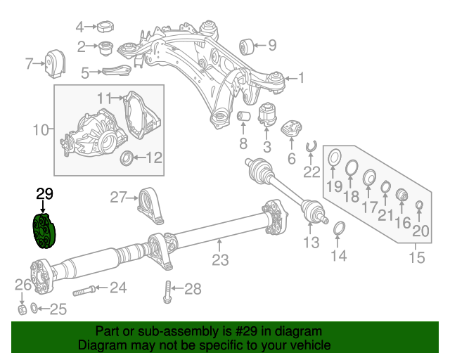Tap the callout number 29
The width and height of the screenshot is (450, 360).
coord(44,195)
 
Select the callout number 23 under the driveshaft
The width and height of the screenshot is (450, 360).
coord(220,260)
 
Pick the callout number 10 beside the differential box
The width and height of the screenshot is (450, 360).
coord(41,130)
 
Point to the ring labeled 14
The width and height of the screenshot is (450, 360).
coord(338,230)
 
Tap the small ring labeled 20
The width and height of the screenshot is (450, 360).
coord(419,205)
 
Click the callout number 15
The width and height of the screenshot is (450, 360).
coord(416,258)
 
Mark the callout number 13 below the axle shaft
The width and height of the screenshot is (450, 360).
coord(311,243)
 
